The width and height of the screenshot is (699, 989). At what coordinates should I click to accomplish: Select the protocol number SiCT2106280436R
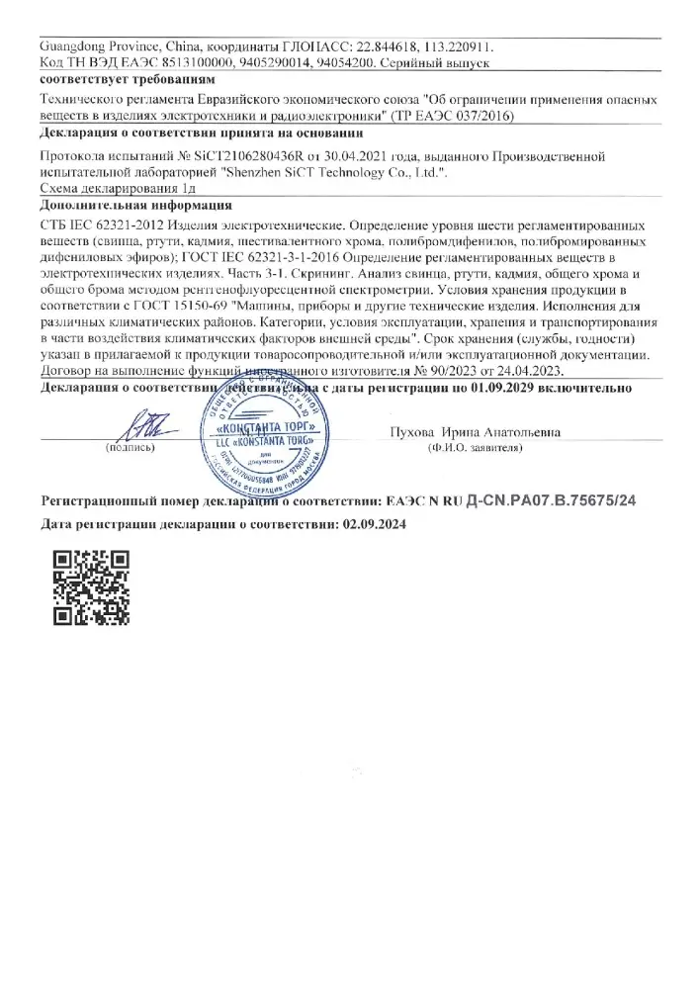pyautogui.click(x=247, y=156)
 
